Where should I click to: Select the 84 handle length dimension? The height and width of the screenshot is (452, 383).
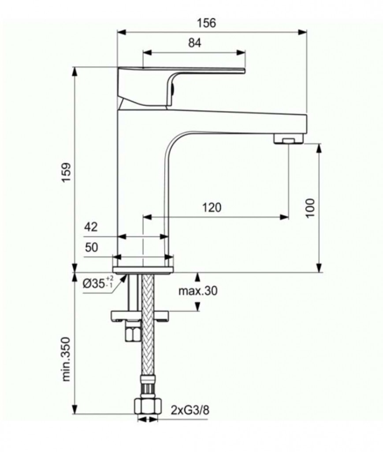(194, 43)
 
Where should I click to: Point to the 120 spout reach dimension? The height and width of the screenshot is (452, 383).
(212, 207)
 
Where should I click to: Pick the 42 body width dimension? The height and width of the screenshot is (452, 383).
(91, 227)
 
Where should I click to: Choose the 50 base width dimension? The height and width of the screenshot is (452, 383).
(91, 248)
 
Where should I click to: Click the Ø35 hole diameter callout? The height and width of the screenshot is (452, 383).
(98, 283)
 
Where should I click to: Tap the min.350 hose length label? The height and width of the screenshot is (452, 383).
(66, 360)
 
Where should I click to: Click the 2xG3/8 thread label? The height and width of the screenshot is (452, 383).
(190, 410)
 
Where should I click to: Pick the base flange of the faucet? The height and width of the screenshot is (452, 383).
(143, 269)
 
